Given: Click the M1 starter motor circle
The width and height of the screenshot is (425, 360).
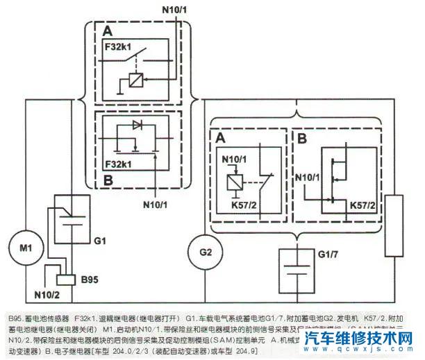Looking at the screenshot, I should (26, 248).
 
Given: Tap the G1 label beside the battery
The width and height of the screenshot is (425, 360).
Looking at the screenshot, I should (99, 241).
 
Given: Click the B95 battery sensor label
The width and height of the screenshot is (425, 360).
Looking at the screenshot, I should (89, 281).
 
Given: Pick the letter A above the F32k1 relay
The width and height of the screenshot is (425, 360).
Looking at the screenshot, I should (106, 32).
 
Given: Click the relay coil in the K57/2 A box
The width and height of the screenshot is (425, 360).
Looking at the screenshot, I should (234, 184).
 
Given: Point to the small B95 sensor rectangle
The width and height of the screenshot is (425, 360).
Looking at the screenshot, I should (65, 280).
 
